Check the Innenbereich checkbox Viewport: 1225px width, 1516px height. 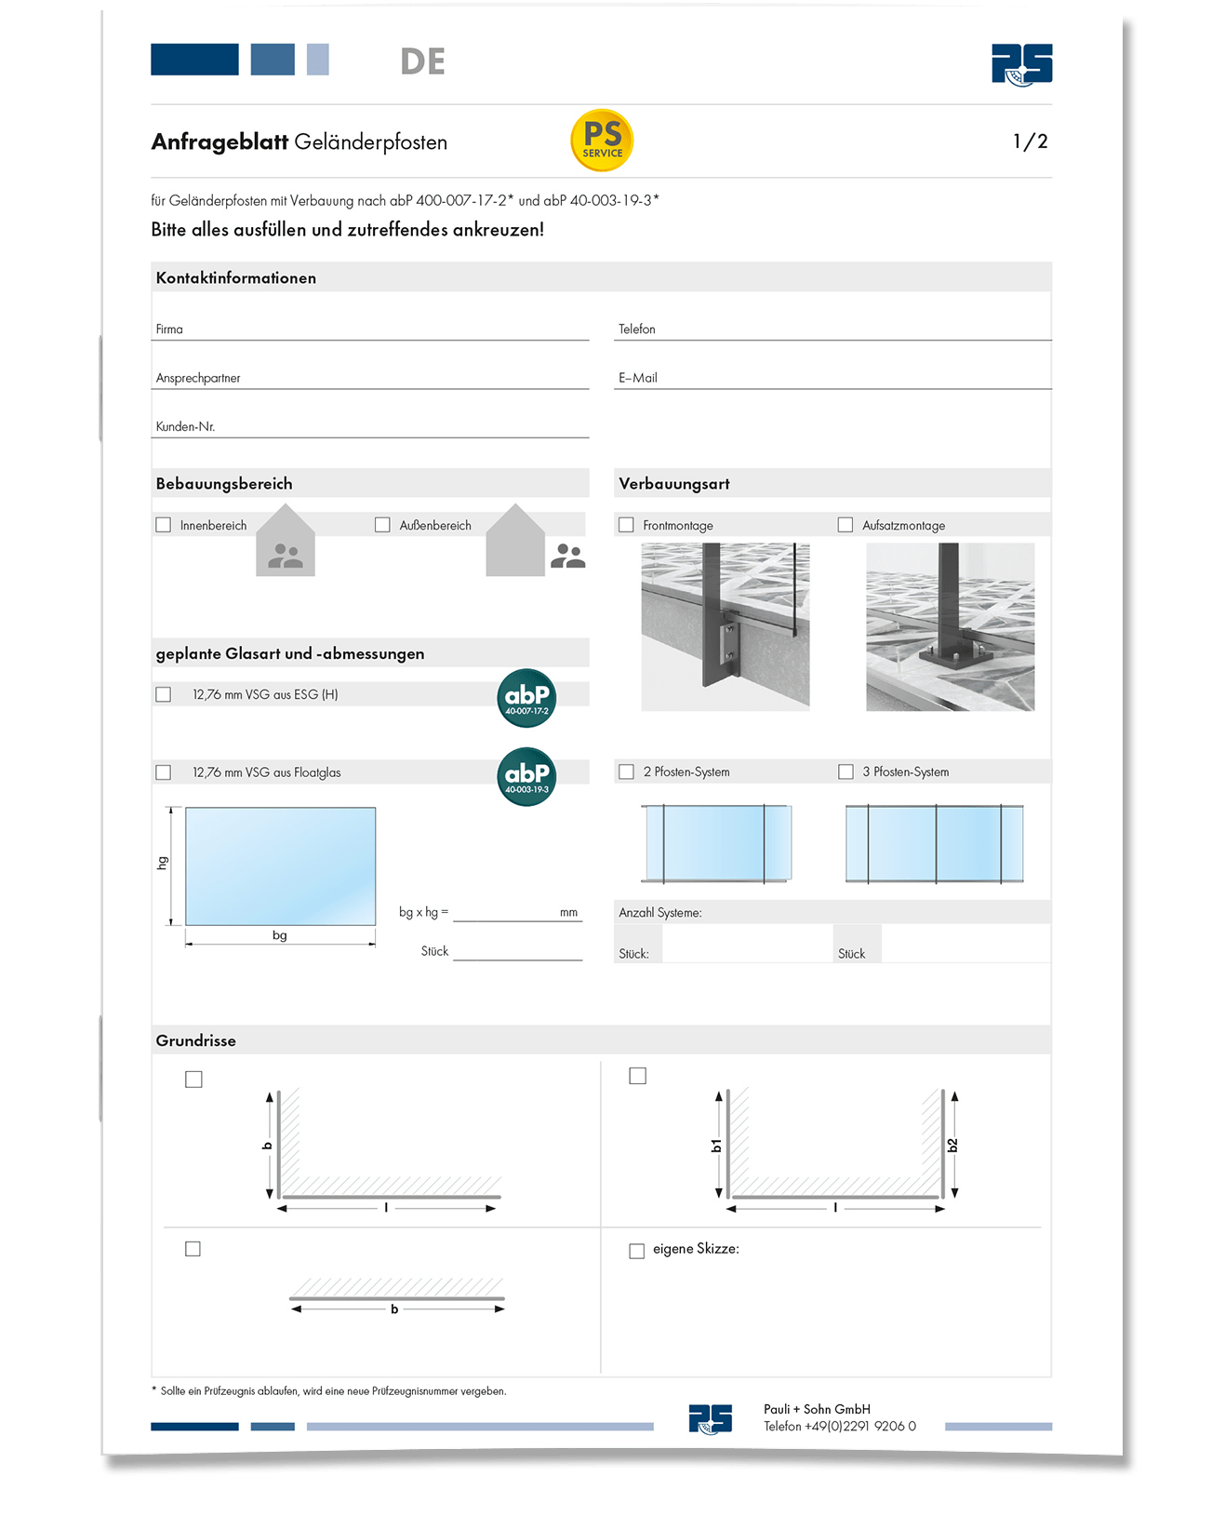coord(164,525)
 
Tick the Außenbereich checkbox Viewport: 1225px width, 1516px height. coord(382,525)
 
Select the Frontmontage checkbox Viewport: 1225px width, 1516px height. coord(626,525)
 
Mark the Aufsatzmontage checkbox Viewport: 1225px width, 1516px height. coord(846,525)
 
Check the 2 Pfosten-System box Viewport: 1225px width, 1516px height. coord(627,771)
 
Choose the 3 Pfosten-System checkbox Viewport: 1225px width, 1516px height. coord(846,771)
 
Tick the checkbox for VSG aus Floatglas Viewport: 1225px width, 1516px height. coord(164,772)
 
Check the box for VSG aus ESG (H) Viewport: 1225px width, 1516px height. coord(164,694)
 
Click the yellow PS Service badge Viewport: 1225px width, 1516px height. coord(602,141)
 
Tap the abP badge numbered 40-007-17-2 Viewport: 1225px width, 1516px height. coord(526,698)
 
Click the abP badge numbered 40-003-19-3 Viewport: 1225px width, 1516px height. coord(526,776)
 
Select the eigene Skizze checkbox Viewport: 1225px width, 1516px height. coord(637,1251)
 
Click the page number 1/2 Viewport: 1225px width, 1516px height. coord(1030,141)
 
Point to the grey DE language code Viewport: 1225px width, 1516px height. coord(422,61)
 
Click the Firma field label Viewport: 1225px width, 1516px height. coord(169,329)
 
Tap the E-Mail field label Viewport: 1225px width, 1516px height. coord(638,378)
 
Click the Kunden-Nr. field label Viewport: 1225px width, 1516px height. coord(185,426)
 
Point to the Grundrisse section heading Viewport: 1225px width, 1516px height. coord(195,1040)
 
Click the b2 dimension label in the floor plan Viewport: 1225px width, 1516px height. coord(952,1146)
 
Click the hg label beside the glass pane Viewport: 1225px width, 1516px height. coord(163,863)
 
